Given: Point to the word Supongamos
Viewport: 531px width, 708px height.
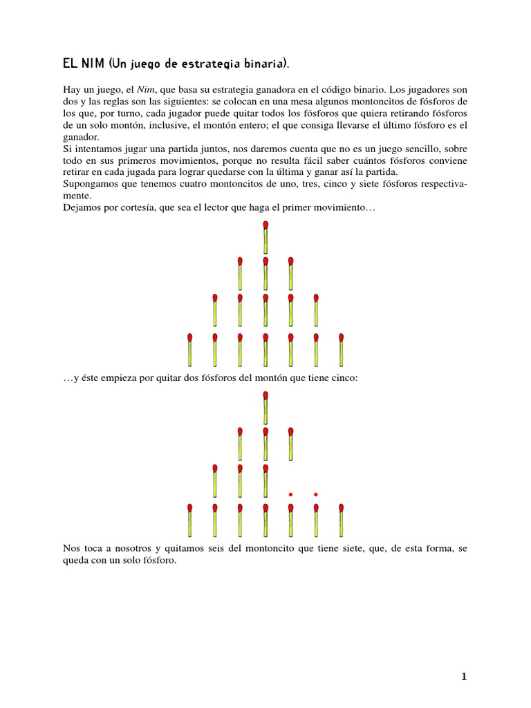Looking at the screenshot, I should [88, 185].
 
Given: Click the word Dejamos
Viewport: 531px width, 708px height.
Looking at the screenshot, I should [80, 208].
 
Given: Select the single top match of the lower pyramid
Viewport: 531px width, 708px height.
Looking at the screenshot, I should [265, 407].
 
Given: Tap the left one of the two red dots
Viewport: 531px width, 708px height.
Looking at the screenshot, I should [291, 494].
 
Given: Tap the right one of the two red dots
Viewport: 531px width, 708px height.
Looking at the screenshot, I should [316, 494].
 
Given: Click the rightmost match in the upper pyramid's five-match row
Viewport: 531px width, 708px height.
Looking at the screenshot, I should [316, 310].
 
